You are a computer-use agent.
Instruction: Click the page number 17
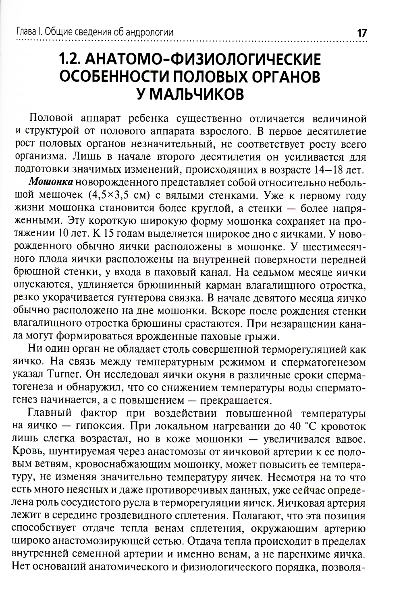[361, 33]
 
